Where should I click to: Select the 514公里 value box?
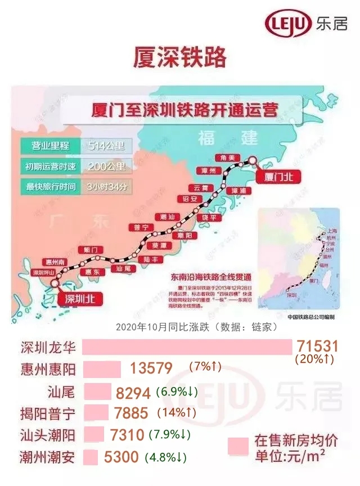point(107,146)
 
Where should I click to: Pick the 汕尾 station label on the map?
point(123,269)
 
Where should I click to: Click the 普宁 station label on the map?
point(141,227)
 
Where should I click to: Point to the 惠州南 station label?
point(55,262)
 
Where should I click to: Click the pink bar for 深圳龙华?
point(186,347)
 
